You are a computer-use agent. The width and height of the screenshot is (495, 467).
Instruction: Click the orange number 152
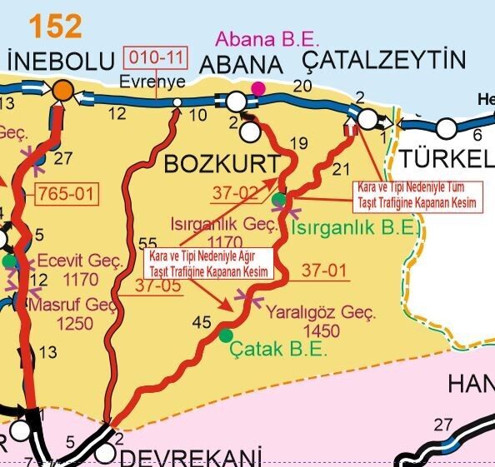[56, 26]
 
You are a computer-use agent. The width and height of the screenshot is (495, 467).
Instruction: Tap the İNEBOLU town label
[58, 62]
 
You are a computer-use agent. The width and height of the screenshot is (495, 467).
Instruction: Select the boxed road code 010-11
[157, 58]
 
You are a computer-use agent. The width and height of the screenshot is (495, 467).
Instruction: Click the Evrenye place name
[146, 82]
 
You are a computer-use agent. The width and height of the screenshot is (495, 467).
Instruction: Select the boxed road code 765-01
[68, 195]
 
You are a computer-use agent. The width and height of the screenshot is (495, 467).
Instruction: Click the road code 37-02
[235, 192]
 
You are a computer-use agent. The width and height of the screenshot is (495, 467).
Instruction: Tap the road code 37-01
[323, 271]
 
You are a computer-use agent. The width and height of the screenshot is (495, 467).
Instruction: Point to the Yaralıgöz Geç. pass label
[320, 315]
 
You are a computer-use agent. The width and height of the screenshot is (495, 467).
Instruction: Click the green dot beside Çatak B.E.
[226, 335]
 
